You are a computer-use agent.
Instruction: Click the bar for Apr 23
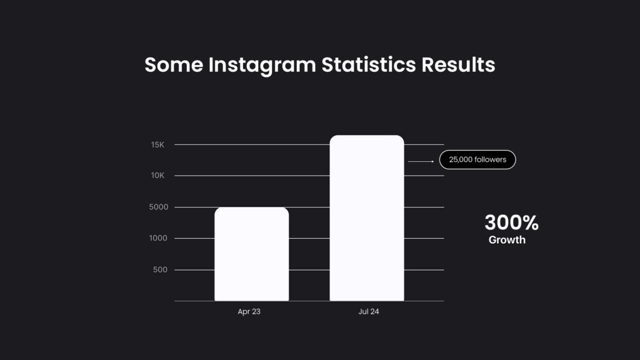251,254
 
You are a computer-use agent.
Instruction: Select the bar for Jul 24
367,218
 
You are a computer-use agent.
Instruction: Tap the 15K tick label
157,145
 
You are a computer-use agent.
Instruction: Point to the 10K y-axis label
157,176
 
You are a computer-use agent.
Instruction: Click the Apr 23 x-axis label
249,311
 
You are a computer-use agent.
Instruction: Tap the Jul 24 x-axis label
369,311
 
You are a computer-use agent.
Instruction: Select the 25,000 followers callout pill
477,160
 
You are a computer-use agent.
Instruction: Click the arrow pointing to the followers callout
421,161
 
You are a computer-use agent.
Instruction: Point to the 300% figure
511,222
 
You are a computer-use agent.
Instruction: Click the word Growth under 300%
507,240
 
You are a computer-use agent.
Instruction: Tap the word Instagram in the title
262,65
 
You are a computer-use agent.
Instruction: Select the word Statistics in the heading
369,64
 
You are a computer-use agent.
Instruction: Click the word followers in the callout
490,160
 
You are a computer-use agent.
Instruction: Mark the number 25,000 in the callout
460,160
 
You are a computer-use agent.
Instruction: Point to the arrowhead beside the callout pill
432,161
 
